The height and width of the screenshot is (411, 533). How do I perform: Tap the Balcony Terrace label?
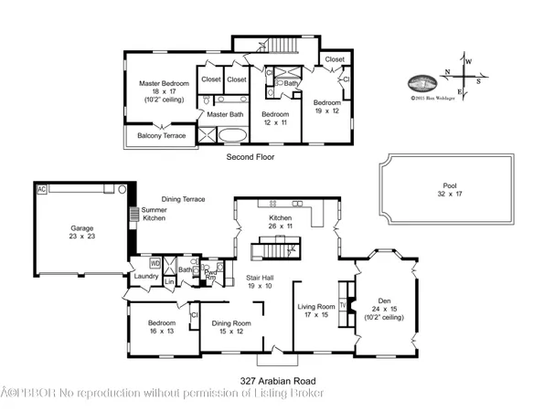(x=162, y=136)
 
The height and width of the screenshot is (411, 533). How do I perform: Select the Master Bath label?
(x=225, y=114)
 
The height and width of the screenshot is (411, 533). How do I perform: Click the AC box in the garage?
(x=40, y=189)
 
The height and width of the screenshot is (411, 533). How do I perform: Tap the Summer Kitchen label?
(x=154, y=215)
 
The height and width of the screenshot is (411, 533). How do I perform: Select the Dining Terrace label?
(x=183, y=199)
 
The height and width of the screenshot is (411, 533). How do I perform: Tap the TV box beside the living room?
(x=343, y=305)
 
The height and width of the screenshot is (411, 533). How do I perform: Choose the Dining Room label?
(x=231, y=326)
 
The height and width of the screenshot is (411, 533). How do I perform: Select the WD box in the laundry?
(x=155, y=263)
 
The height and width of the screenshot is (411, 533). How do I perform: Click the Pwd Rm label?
(x=210, y=274)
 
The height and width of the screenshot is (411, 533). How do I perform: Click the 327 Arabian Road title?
(x=266, y=380)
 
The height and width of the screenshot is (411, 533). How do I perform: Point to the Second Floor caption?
(x=250, y=157)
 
